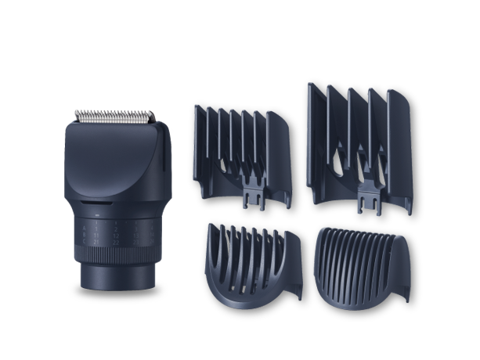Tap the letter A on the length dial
84,229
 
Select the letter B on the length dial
84,235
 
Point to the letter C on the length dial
84,241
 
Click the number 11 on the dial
96,236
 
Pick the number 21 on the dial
96,242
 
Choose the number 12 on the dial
116,236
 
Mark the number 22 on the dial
116,242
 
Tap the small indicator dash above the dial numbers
97,215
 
